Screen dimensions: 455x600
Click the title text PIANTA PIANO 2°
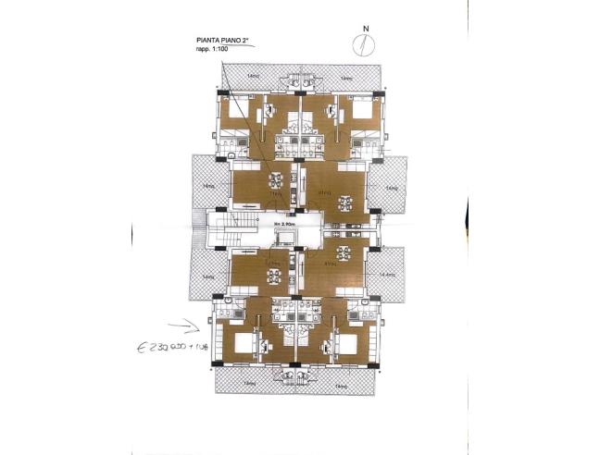tap(223, 41)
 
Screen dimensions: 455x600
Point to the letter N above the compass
tap(368, 29)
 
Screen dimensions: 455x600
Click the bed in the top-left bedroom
tap(235, 113)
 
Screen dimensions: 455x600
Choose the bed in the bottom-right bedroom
tap(350, 344)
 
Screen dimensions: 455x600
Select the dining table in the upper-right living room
tap(345, 203)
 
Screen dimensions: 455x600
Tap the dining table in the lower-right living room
tap(344, 252)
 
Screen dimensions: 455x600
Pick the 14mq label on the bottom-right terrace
tap(340, 383)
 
